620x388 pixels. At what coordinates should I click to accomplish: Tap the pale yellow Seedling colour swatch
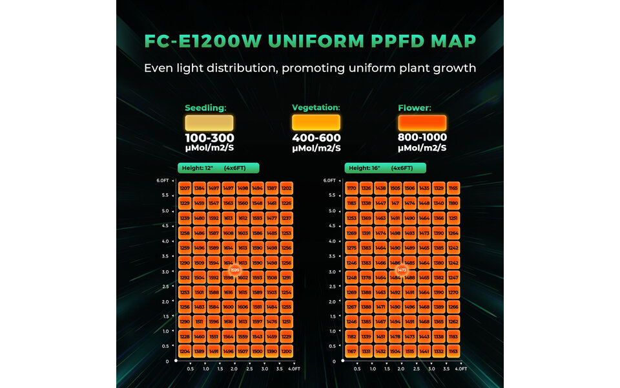click(209, 123)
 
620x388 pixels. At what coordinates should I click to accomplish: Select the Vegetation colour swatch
click(316, 123)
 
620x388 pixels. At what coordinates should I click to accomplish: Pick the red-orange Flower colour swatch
click(422, 123)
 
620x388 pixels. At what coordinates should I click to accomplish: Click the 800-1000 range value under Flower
click(422, 138)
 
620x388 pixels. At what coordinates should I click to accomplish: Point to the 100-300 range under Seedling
click(209, 138)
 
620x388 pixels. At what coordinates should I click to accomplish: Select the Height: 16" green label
click(385, 168)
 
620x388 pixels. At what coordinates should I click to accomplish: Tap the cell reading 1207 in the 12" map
click(185, 188)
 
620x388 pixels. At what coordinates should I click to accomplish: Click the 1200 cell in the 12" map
click(287, 351)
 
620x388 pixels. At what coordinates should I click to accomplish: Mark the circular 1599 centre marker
click(235, 270)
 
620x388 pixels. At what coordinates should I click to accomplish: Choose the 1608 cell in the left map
click(228, 233)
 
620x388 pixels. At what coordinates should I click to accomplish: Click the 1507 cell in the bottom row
click(243, 351)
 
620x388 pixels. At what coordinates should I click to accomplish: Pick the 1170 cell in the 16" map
click(351, 188)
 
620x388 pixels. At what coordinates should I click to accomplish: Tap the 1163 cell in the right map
click(453, 351)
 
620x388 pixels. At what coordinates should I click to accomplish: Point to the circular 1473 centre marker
click(402, 270)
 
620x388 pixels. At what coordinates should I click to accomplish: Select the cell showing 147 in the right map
click(395, 203)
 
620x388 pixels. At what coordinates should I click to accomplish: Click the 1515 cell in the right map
click(409, 351)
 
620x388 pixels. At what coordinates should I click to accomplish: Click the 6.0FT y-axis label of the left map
click(163, 180)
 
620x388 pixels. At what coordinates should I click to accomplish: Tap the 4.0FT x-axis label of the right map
click(461, 369)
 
